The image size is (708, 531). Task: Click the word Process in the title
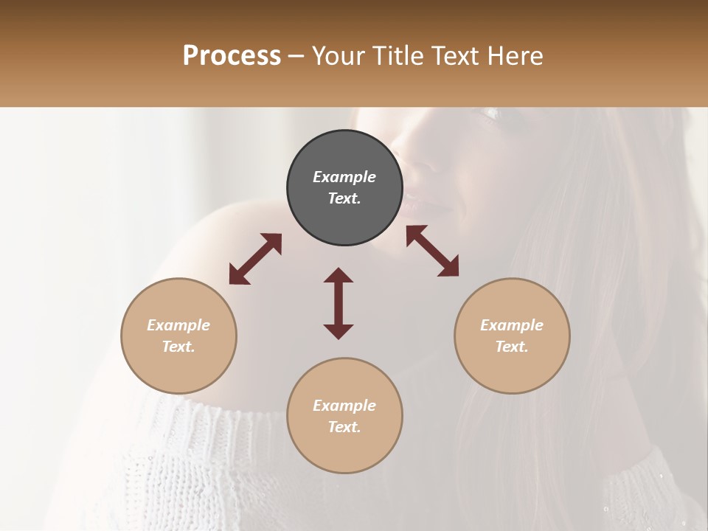pos(232,56)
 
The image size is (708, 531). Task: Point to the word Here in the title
pos(517,56)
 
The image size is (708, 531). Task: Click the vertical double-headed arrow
pos(339,303)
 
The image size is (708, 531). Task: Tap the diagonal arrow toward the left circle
pos(255,259)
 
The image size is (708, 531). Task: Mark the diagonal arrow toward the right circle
pos(432,251)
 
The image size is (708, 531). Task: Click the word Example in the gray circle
pos(344,177)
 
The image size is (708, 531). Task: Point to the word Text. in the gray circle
pos(344,198)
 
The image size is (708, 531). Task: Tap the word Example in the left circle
pos(178,325)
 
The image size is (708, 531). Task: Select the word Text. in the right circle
pos(512,347)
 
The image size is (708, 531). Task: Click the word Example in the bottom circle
pos(344,406)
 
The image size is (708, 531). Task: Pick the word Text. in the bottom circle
pos(344,427)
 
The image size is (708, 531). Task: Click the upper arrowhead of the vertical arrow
pos(339,275)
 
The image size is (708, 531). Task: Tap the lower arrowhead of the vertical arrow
pos(339,331)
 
